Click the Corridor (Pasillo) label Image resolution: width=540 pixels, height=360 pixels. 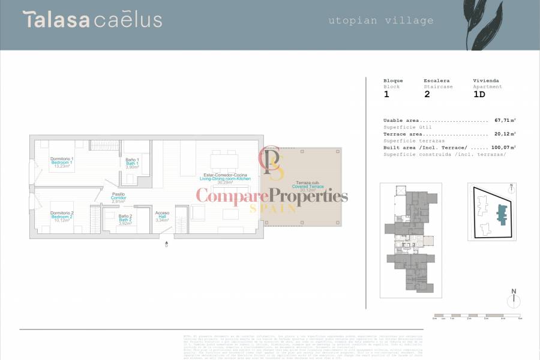[x=118, y=197]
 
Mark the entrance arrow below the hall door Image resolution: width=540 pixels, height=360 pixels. [x=167, y=244]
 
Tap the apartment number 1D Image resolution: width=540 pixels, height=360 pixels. [x=479, y=94]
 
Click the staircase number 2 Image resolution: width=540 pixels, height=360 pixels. [x=427, y=94]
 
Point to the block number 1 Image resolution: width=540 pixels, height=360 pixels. [x=386, y=94]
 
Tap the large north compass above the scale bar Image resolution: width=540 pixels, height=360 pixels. [x=514, y=299]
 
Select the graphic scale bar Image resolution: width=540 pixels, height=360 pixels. [x=477, y=315]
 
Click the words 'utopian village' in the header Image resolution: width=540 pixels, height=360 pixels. [x=381, y=20]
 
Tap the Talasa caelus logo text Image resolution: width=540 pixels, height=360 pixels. [x=93, y=19]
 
